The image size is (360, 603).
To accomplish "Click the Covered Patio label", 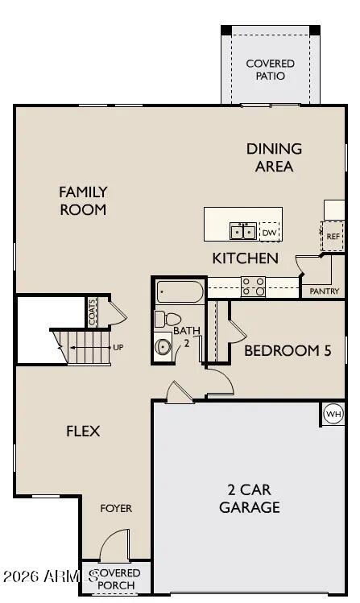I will pyautogui.click(x=270, y=69).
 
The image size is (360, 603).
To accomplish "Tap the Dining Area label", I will pyautogui.click(x=274, y=157).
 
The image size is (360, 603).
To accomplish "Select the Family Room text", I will pyautogui.click(x=83, y=200).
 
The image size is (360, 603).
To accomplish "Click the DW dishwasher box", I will pyautogui.click(x=269, y=233).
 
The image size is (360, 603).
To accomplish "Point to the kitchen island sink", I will pyautogui.click(x=242, y=232).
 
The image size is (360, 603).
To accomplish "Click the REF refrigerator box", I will pyautogui.click(x=333, y=236).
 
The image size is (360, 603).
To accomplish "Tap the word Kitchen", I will pyautogui.click(x=246, y=258).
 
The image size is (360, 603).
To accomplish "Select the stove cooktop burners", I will pyautogui.click(x=253, y=286).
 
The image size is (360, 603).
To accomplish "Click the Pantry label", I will pyautogui.click(x=325, y=291).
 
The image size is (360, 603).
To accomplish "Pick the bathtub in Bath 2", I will pyautogui.click(x=180, y=291).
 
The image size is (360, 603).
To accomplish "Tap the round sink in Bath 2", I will pyautogui.click(x=164, y=347).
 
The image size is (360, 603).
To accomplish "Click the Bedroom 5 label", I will pyautogui.click(x=287, y=351).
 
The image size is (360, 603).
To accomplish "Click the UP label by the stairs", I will pyautogui.click(x=118, y=348).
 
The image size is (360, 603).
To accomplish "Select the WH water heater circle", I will pyautogui.click(x=333, y=414).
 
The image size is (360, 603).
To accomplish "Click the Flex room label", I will pyautogui.click(x=83, y=432).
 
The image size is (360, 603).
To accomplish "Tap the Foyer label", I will pyautogui.click(x=116, y=509).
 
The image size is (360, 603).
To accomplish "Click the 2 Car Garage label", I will pyautogui.click(x=254, y=498).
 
